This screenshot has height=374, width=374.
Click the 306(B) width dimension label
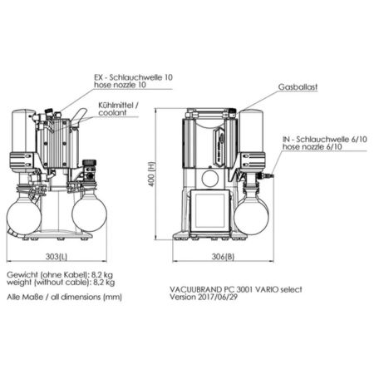point(219,254)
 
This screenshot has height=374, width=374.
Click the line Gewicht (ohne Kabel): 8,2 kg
point(61,274)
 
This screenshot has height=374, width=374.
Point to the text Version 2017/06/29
point(203,297)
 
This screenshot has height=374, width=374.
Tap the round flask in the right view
point(251,214)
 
